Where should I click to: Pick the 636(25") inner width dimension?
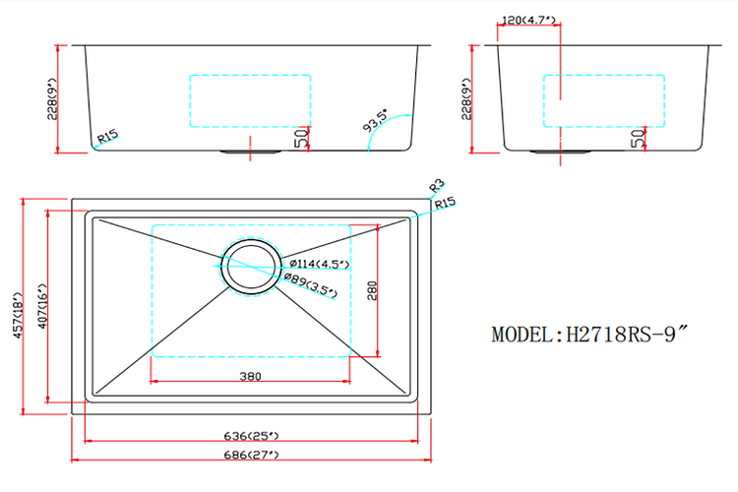tap(251, 435)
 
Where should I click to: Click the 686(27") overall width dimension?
tap(251, 455)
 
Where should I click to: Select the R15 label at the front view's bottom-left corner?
tap(108, 138)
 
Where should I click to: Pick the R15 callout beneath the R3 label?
tap(445, 204)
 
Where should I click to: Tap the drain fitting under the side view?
tap(560, 152)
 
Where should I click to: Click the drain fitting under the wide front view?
tap(251, 152)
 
